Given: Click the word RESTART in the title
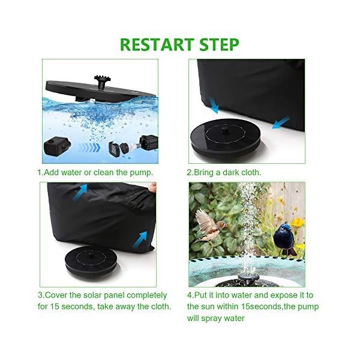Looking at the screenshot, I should click(x=158, y=45).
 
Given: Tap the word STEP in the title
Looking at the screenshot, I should click(x=217, y=45).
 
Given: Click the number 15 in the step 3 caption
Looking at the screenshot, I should click(x=58, y=307).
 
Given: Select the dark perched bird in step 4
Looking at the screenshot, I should click(x=284, y=237).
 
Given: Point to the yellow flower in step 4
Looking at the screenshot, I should click(x=297, y=223).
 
